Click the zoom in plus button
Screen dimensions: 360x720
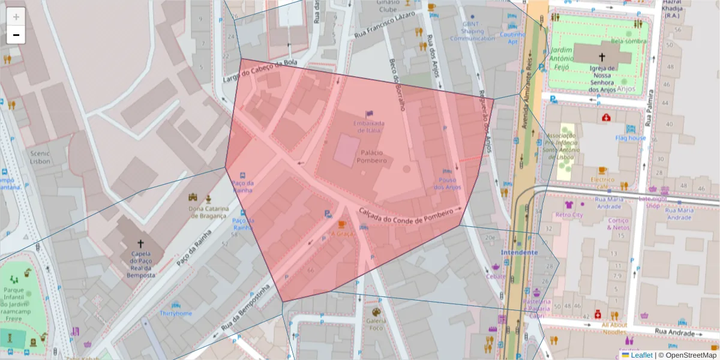click(x=16, y=16)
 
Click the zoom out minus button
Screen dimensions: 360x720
click(x=16, y=35)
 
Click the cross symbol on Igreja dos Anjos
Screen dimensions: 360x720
click(x=602, y=57)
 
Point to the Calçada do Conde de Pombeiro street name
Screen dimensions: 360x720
click(x=406, y=217)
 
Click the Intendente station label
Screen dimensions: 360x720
click(x=520, y=253)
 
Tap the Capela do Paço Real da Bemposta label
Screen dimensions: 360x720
click(x=140, y=264)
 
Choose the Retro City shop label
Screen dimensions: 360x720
click(x=569, y=214)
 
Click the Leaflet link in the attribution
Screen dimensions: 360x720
click(x=641, y=355)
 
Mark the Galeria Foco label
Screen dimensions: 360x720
click(x=376, y=325)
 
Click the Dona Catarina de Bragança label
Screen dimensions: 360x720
click(x=208, y=212)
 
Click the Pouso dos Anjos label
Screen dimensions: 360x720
click(x=448, y=184)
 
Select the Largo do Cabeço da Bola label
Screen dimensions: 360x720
click(x=260, y=72)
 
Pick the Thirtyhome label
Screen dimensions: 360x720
click(x=175, y=313)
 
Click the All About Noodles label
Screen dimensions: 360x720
click(x=614, y=328)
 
